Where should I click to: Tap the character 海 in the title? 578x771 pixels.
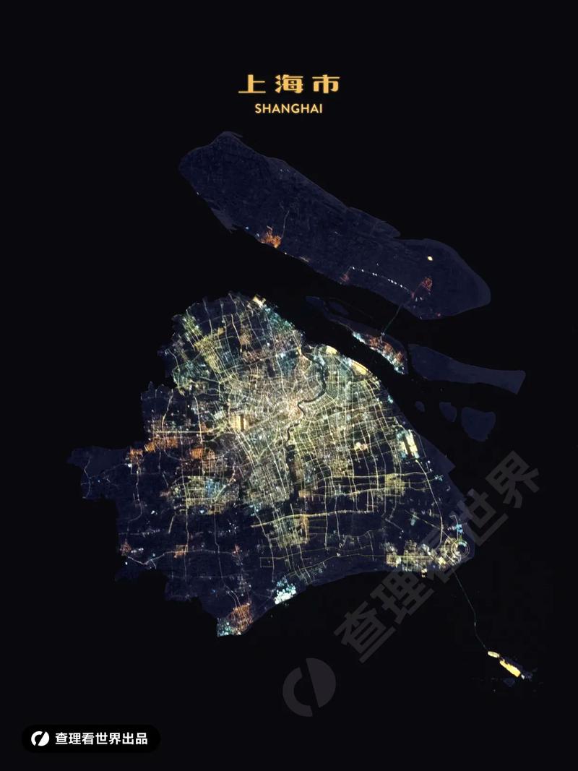(x=288, y=85)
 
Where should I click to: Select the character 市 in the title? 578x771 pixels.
(x=325, y=85)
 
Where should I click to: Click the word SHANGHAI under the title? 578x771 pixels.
(x=288, y=109)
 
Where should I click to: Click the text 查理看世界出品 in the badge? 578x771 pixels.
(x=101, y=738)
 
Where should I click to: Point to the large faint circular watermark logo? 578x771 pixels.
(x=309, y=686)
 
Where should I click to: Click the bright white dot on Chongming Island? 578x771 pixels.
(x=430, y=257)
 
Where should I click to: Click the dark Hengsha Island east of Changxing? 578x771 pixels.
(x=466, y=368)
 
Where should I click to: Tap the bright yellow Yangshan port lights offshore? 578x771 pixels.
(x=509, y=667)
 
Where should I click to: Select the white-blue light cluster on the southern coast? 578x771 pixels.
(x=285, y=593)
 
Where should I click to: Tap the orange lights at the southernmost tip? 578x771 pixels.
(x=238, y=619)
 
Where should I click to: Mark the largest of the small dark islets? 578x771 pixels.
(x=478, y=423)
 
